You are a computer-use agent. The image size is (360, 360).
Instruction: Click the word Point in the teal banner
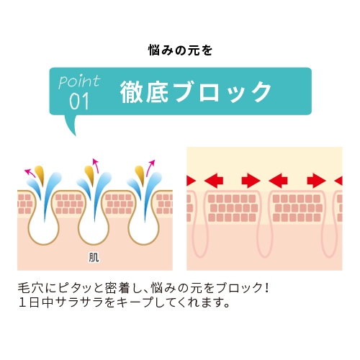click(x=79, y=81)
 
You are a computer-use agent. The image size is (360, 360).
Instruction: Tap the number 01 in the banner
click(x=79, y=102)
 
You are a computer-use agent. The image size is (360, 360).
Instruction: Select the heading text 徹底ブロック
click(x=196, y=92)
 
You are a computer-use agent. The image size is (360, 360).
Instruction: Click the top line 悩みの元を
click(x=180, y=50)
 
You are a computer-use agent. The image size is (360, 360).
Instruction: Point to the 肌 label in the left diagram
click(x=94, y=258)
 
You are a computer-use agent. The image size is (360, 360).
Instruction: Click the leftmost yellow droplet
click(x=40, y=174)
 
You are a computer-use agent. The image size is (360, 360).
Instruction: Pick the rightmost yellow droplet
click(x=140, y=174)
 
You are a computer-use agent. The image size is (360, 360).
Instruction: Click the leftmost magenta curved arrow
click(x=30, y=172)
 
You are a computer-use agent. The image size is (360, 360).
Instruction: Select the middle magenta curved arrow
click(x=96, y=166)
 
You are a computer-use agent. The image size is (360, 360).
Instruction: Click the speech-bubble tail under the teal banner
click(x=71, y=125)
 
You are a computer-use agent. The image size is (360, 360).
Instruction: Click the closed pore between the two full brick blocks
click(x=265, y=225)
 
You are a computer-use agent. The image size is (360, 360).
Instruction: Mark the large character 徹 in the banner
click(x=131, y=92)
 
